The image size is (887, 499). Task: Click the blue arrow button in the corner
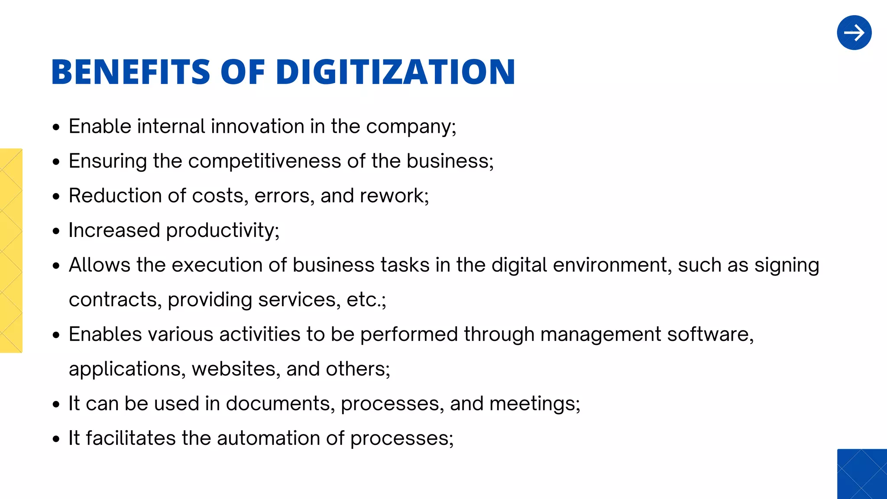pos(854,33)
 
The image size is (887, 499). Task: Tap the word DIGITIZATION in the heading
pos(395,72)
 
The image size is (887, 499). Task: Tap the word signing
pos(787,265)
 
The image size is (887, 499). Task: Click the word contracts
pos(113,300)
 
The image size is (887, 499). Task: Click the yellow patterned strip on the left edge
pos(11,250)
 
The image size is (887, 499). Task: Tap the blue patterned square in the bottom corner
pos(862,474)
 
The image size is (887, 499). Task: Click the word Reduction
pos(115,196)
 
